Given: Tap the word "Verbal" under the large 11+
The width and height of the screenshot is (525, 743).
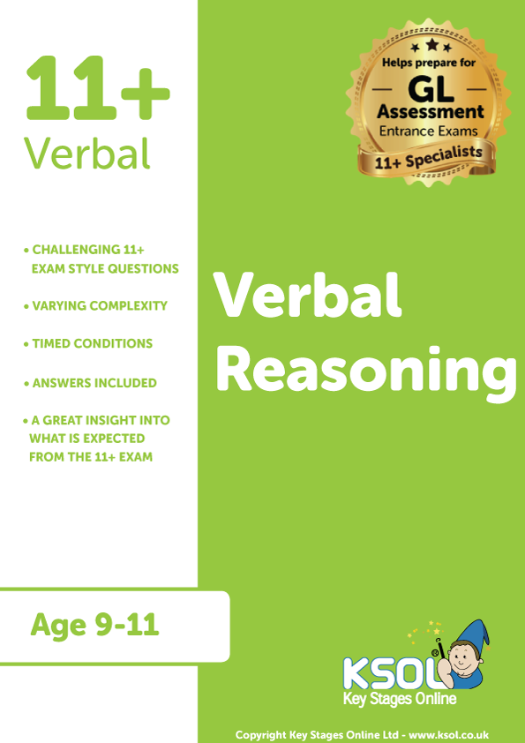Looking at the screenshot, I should click(x=86, y=154).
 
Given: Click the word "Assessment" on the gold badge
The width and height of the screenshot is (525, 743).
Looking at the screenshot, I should click(x=431, y=113).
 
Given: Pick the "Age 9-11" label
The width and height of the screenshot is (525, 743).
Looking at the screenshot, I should click(x=94, y=625).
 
